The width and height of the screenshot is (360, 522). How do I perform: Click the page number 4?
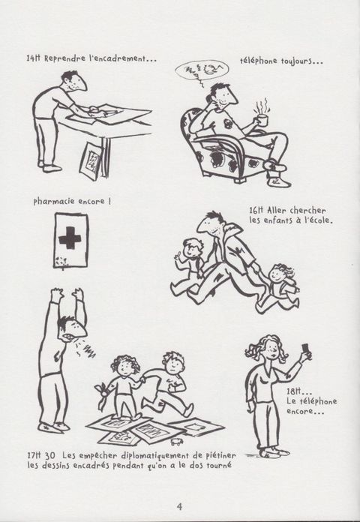(x=179, y=506)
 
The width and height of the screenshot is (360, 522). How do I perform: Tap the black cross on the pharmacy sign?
(x=70, y=238)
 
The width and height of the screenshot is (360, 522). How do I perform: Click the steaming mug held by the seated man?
(x=262, y=120)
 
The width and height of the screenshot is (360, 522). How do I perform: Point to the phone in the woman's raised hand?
(x=305, y=349)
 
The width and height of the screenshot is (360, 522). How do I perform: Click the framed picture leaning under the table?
(x=91, y=160)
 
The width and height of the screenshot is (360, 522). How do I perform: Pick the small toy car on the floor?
(x=177, y=442)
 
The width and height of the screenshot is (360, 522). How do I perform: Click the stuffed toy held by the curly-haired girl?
(x=102, y=395)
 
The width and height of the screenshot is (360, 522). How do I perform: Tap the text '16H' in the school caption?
(x=256, y=211)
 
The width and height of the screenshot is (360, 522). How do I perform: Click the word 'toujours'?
(x=295, y=61)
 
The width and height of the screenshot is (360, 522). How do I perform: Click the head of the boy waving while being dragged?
(x=193, y=247)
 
